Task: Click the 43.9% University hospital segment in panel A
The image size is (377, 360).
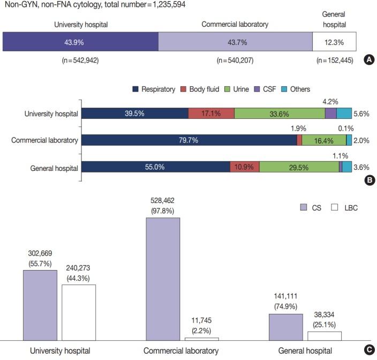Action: pyautogui.click(x=80, y=42)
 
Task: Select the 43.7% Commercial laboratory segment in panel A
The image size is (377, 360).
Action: pyautogui.click(x=236, y=42)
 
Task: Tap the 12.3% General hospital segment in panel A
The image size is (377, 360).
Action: pyautogui.click(x=334, y=42)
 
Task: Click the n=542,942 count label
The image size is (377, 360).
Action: pyautogui.click(x=80, y=61)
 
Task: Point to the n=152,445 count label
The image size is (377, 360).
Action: pyautogui.click(x=336, y=61)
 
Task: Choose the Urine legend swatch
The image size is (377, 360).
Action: pyautogui.click(x=229, y=89)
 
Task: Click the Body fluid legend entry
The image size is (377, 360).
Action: pyautogui.click(x=200, y=89)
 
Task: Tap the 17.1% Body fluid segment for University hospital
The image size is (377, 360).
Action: pyautogui.click(x=211, y=113)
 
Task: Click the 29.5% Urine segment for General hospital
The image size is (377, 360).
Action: pyautogui.click(x=299, y=167)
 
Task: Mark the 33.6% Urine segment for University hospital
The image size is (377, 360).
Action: pyautogui.click(x=280, y=113)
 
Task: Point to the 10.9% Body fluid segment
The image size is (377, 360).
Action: pyautogui.click(x=244, y=167)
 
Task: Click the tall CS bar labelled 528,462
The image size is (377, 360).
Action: pyautogui.click(x=163, y=279)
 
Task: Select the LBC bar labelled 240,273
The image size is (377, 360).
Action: pyautogui.click(x=78, y=312)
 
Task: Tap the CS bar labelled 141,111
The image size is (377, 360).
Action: pyautogui.click(x=285, y=327)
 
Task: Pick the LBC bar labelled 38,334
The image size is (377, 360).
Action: pyautogui.click(x=325, y=335)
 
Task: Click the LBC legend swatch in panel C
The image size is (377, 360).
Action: pyautogui.click(x=336, y=207)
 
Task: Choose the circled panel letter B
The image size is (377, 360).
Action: pyautogui.click(x=368, y=181)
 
